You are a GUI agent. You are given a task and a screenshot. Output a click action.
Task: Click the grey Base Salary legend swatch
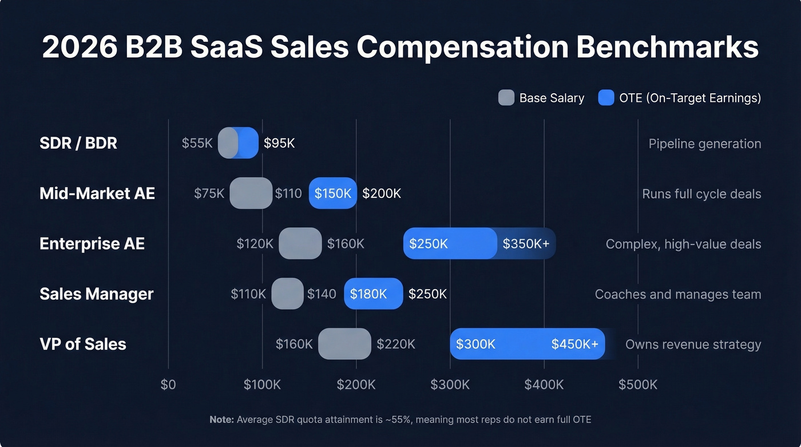(506, 98)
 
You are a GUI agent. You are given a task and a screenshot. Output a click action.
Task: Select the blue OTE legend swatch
(606, 98)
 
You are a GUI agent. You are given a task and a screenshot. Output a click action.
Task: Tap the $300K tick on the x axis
(450, 384)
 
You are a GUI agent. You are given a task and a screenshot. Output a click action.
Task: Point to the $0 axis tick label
(168, 384)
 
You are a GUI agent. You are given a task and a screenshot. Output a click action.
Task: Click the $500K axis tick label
(637, 384)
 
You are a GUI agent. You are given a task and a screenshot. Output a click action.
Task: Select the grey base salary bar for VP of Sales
(344, 344)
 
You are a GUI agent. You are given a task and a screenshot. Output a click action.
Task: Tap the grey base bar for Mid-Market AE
(251, 193)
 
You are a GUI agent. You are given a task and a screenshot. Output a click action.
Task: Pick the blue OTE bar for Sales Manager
(373, 294)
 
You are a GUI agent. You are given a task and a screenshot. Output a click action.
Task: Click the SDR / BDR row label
(78, 143)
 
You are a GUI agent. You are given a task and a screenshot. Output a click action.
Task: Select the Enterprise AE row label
(92, 244)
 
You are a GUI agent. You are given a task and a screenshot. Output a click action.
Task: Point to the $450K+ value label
(574, 344)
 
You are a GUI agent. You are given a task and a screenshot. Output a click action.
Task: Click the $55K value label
(197, 143)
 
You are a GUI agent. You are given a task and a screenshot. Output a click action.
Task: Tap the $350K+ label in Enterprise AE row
(526, 244)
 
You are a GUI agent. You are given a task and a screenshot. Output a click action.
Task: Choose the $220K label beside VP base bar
(395, 344)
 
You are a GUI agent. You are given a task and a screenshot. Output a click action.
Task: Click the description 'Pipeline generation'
(704, 144)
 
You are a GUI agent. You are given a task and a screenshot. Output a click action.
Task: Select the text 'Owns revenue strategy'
(693, 345)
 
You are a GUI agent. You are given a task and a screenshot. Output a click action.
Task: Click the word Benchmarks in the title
(667, 47)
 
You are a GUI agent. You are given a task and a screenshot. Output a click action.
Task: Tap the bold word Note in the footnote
(221, 420)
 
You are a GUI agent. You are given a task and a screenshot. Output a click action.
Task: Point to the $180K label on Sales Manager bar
(368, 294)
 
